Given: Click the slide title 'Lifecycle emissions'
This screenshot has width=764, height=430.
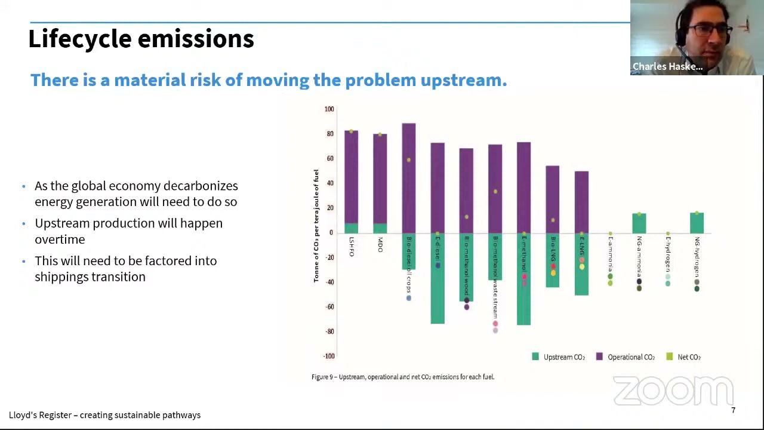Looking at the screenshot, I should coord(141,39).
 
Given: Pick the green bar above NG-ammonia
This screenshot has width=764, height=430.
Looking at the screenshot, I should coord(639,223).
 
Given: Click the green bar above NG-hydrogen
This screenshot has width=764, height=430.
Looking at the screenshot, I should coord(696,223).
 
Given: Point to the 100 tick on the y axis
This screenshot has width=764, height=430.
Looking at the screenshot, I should coord(329,109).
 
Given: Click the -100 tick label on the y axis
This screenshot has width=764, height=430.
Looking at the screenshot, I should coord(329,356).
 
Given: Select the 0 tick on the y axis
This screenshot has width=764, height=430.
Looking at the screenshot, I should coord(331,233).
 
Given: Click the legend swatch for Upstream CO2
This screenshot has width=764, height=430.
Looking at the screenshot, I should coord(535,357).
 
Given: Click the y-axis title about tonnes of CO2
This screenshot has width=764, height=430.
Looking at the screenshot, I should coord(316,226).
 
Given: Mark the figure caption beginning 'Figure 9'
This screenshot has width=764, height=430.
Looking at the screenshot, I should coord(402,377).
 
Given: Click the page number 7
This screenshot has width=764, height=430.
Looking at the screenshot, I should coord(733,410).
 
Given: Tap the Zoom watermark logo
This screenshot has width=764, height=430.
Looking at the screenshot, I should coord(673,391).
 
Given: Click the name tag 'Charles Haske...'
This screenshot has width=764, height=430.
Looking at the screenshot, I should coord(667,66).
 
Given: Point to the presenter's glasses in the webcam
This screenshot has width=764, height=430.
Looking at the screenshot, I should coord(711,30).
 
